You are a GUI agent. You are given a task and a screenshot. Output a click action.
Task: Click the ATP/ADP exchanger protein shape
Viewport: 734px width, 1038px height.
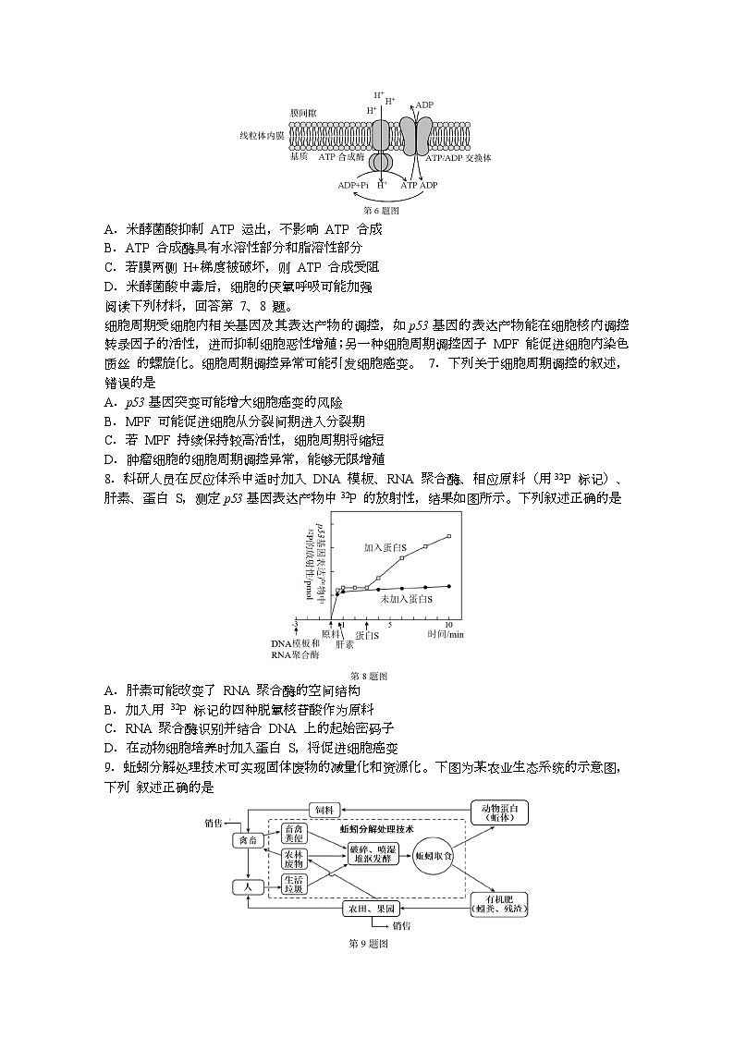point(414,137)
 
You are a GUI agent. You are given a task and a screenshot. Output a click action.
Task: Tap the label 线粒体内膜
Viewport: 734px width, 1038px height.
point(262,137)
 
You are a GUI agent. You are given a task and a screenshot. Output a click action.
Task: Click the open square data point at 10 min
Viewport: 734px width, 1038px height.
point(449,536)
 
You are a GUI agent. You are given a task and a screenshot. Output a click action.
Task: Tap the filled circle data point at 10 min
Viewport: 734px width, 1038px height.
point(449,586)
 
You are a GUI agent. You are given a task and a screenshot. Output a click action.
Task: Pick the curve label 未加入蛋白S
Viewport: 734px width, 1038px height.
point(407,600)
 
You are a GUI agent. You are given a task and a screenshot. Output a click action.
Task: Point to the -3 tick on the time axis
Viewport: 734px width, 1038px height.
point(295,625)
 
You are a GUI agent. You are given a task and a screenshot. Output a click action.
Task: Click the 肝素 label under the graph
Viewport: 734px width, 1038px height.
point(344,644)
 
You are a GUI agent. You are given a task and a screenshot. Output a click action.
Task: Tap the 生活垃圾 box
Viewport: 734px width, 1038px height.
point(294,885)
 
